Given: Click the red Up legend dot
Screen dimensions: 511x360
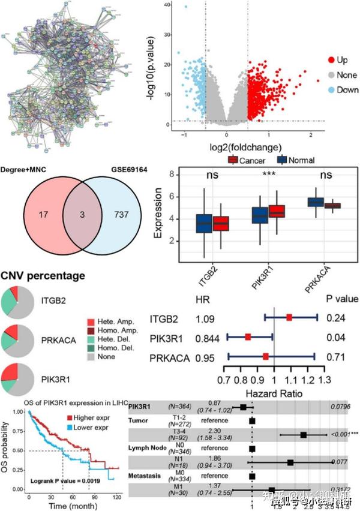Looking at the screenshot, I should pos(331,61).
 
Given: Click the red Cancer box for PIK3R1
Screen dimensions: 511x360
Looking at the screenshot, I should pos(277,211).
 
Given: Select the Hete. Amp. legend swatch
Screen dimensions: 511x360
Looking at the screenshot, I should pos(91,322).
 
